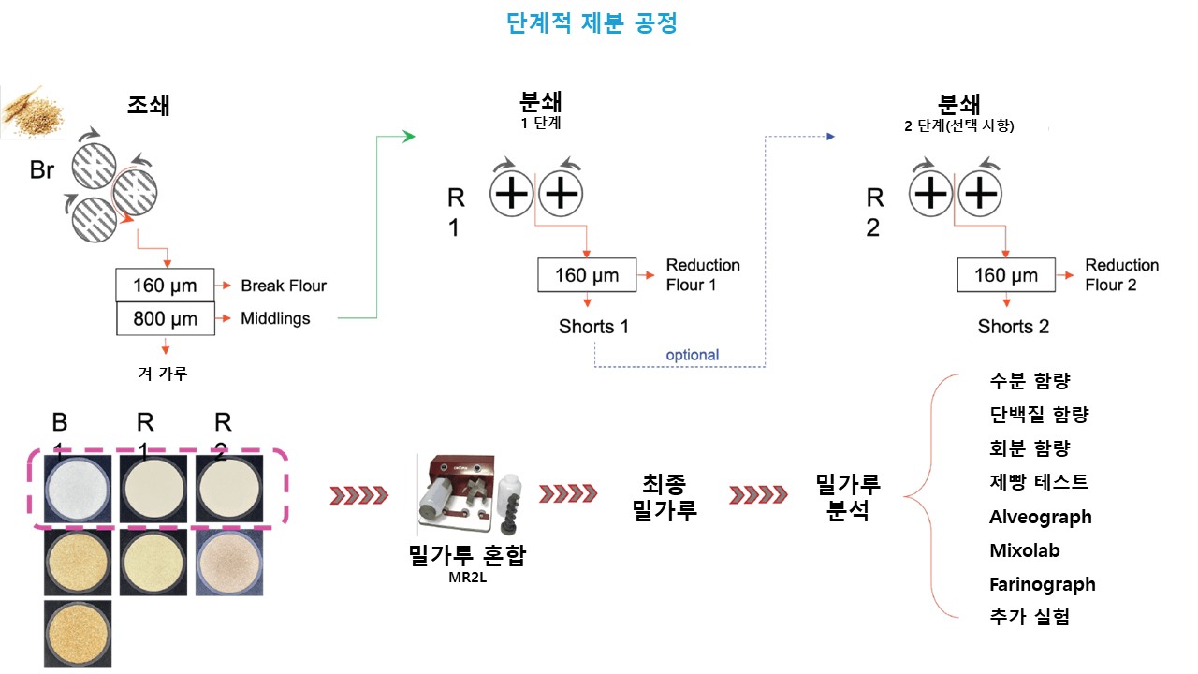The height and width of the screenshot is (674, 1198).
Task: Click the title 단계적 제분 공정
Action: click(592, 23)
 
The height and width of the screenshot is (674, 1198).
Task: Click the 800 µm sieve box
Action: click(165, 318)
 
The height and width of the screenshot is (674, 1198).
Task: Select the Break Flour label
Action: click(284, 286)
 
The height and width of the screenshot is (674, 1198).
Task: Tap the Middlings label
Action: click(275, 318)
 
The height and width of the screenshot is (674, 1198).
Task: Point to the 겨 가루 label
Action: click(163, 373)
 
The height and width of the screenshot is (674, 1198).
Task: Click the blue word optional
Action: click(693, 355)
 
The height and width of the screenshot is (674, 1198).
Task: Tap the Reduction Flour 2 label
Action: click(1121, 275)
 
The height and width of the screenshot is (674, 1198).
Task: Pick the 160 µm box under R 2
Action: click(1006, 275)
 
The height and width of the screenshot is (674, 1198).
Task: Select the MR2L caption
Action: click(467, 578)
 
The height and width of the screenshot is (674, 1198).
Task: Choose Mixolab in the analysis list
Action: click(1025, 550)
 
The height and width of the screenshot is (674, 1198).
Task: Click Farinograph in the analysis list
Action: click(1042, 584)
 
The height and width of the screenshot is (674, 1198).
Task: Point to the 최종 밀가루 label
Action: click(664, 497)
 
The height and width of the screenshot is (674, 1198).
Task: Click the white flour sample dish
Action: click(77, 488)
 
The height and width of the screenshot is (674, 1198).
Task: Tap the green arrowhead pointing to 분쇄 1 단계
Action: click(408, 138)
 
